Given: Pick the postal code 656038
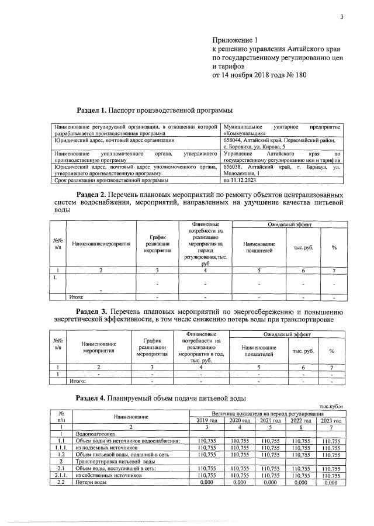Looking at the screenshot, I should click(x=235, y=167).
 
